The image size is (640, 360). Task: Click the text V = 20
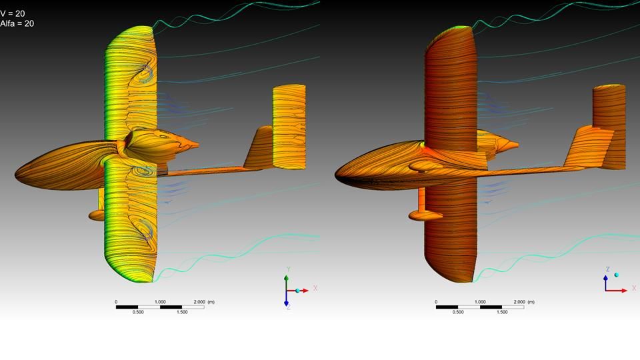click(x=12, y=14)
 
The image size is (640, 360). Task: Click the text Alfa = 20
click(x=17, y=24)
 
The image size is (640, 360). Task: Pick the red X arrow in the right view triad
click(x=616, y=291)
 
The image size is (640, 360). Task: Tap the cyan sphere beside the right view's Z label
click(x=616, y=275)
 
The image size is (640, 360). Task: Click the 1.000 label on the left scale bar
click(x=160, y=302)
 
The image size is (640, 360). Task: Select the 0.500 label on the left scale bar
click(x=138, y=312)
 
